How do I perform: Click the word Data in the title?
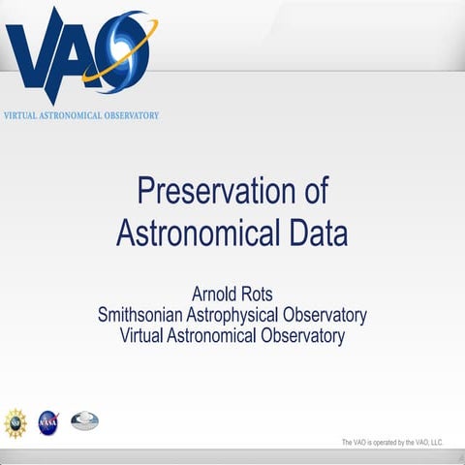click(x=315, y=233)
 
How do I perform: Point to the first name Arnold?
click(x=216, y=294)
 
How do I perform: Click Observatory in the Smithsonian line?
click(x=325, y=316)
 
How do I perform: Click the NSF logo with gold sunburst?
click(x=15, y=421)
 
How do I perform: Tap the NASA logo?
click(x=48, y=421)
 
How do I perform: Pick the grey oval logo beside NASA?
click(x=84, y=420)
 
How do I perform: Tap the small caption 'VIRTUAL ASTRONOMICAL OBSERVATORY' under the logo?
click(x=81, y=115)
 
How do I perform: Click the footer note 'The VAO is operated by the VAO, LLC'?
click(x=391, y=443)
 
